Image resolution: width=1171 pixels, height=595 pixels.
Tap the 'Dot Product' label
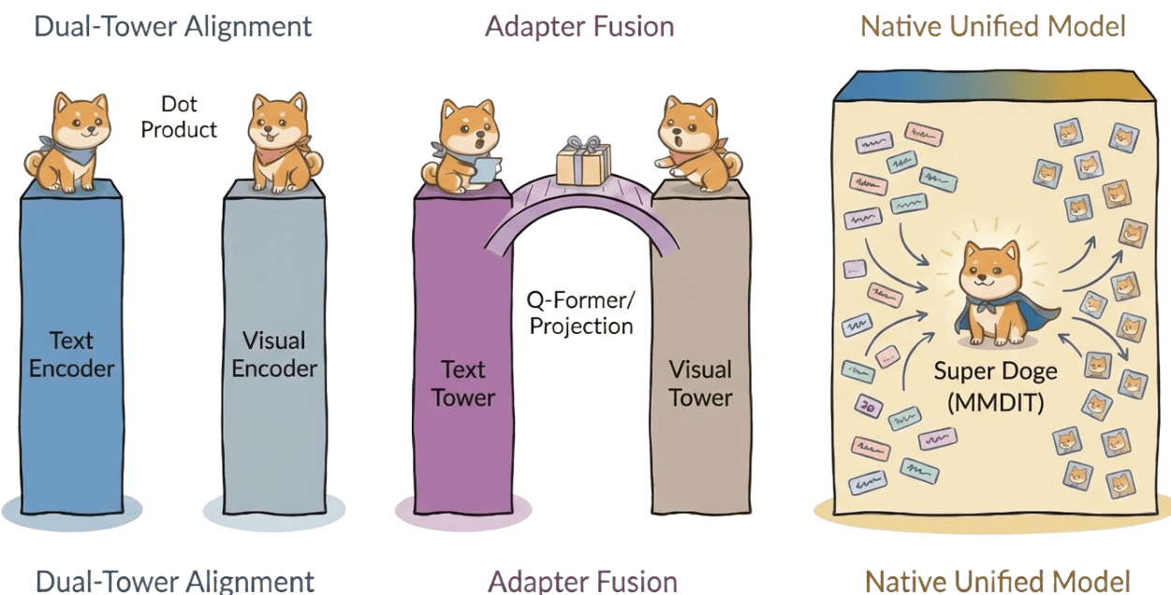(x=179, y=117)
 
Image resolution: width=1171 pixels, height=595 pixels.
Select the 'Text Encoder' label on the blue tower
(x=72, y=354)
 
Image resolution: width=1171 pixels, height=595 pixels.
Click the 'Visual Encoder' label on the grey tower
(x=274, y=354)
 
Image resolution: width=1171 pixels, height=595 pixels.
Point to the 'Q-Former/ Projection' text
(x=581, y=312)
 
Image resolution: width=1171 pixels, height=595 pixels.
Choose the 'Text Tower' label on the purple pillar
(x=462, y=383)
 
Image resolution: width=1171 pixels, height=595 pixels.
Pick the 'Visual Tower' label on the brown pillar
(x=700, y=383)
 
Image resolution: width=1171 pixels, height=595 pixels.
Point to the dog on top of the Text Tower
(x=462, y=147)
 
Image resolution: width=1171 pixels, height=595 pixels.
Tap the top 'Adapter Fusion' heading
(x=579, y=26)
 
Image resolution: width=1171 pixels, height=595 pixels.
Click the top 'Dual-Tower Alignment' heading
(x=173, y=26)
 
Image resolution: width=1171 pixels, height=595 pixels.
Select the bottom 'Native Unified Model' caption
(x=997, y=580)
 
